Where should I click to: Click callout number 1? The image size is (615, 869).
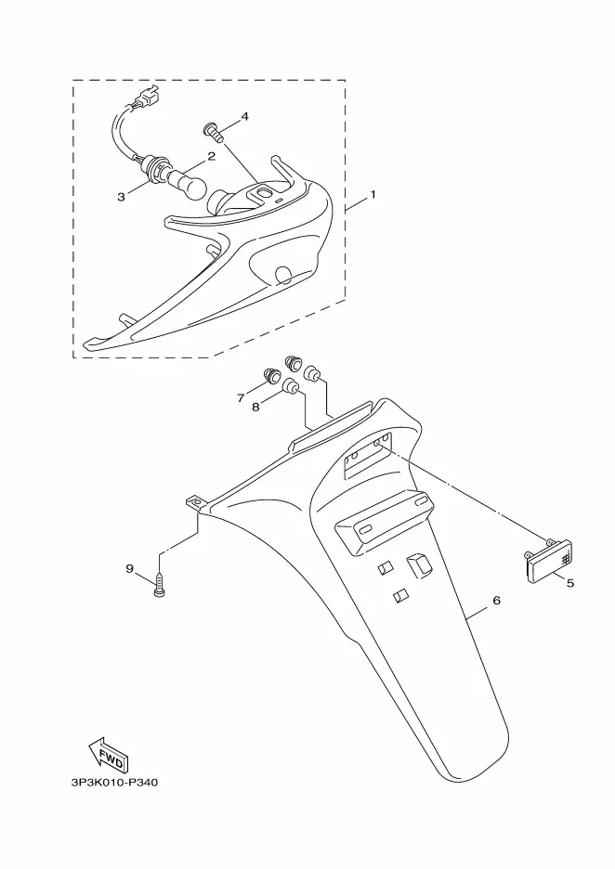(373, 195)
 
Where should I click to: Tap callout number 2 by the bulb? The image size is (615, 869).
(211, 156)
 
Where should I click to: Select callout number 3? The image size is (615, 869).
(121, 197)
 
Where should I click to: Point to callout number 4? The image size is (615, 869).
(244, 116)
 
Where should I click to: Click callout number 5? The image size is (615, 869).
(570, 582)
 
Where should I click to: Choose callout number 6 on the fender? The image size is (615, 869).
(496, 600)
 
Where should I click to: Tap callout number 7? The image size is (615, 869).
(241, 397)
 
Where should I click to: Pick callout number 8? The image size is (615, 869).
(255, 408)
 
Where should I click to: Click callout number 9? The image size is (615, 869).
(129, 568)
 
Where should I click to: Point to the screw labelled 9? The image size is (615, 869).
(160, 586)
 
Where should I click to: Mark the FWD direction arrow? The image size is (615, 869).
(108, 754)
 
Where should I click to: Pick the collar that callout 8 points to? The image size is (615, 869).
(292, 386)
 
